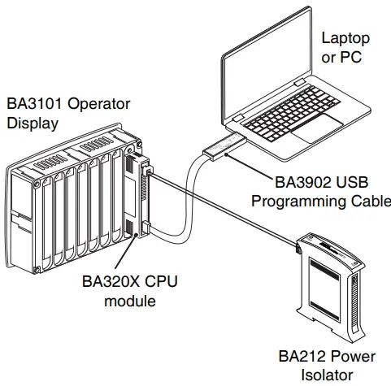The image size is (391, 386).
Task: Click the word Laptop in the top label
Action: click(x=345, y=37)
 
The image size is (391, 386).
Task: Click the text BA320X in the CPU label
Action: click(x=111, y=283)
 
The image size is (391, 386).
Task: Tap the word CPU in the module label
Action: click(x=159, y=283)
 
